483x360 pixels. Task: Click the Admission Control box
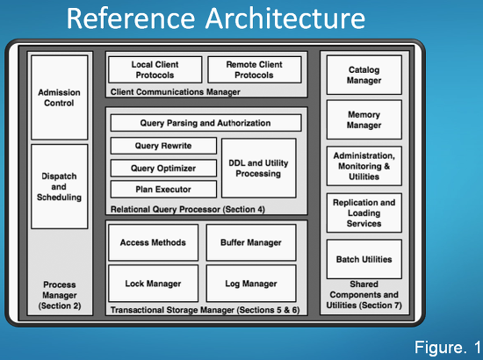[x=60, y=97]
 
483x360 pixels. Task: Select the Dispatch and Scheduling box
[x=60, y=187]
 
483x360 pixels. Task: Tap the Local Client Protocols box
[x=155, y=69]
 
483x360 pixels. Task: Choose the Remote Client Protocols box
[x=255, y=69]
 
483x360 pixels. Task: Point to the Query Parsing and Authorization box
[x=205, y=123]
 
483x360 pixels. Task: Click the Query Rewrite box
[x=163, y=146]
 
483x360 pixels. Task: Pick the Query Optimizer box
[x=163, y=168]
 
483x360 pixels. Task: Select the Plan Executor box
[x=163, y=189]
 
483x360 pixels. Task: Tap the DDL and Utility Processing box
[x=259, y=168]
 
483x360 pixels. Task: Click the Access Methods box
[x=154, y=242]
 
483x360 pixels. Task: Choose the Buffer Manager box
[x=251, y=242]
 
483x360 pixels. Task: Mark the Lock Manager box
[x=154, y=284]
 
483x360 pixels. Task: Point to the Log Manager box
[x=251, y=284]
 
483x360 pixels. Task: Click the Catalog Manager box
[x=364, y=75]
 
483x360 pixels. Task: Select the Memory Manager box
[x=364, y=119]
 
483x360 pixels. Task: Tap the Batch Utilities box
[x=364, y=259]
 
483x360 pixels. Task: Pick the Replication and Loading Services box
[x=364, y=212]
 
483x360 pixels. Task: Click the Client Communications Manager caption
[x=176, y=92]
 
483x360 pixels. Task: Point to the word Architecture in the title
[x=285, y=18]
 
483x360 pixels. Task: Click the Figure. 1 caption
[x=447, y=348]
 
